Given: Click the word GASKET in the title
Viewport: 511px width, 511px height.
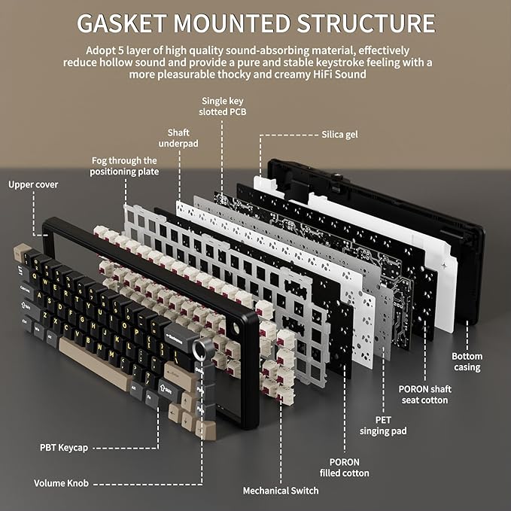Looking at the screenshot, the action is (x=122, y=23).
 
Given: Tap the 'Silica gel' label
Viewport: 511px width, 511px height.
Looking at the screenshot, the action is (x=339, y=135).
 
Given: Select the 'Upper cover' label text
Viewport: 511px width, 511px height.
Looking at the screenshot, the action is (x=33, y=184).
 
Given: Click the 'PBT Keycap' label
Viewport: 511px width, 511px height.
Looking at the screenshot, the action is (x=64, y=448).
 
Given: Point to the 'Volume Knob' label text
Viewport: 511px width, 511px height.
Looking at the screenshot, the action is (x=61, y=483).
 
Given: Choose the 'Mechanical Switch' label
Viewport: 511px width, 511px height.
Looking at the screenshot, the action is (x=281, y=491).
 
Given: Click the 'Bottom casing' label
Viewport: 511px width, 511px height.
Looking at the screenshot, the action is (x=467, y=362).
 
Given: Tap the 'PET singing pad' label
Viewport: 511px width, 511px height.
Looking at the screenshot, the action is (x=383, y=425).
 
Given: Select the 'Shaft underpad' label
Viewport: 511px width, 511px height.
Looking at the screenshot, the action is (x=178, y=138).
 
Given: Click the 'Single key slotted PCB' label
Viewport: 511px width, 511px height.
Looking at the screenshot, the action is (x=223, y=106).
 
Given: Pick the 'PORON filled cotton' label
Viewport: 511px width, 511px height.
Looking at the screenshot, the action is (x=344, y=467).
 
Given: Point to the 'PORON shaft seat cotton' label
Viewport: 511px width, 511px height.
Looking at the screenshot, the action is (x=424, y=394).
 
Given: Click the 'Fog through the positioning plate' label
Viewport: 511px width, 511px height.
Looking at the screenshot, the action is (x=124, y=166).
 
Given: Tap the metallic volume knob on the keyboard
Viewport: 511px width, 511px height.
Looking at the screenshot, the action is (x=199, y=348).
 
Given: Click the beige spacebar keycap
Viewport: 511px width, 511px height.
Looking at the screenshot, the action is (x=95, y=364).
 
